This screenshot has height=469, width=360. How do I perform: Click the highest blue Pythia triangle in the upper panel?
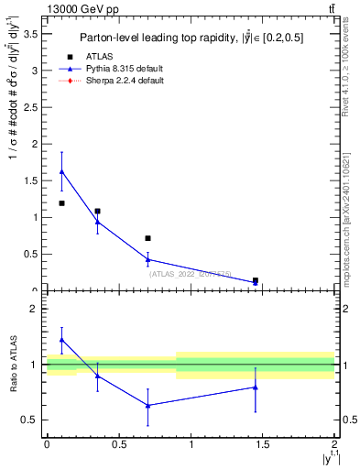[61, 171]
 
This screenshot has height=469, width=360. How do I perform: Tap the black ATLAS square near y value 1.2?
[61, 203]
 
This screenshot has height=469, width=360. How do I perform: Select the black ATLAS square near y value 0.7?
[147, 238]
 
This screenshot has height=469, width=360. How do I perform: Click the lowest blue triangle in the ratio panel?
[147, 405]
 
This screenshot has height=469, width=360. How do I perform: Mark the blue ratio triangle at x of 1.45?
[256, 387]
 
